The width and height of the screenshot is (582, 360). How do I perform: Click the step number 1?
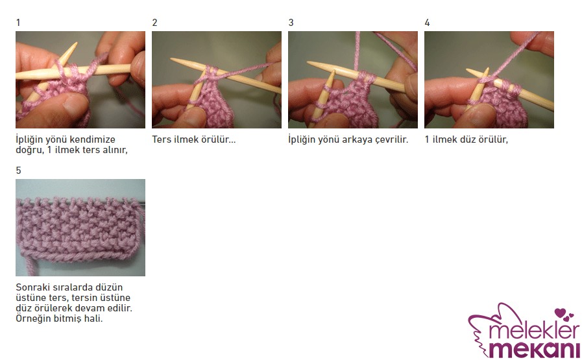(x=18, y=23)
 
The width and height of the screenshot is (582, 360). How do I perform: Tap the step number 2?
(x=155, y=23)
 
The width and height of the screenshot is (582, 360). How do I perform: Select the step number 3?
(x=291, y=23)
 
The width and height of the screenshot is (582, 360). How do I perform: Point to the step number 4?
(x=427, y=23)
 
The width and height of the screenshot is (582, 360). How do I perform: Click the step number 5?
(x=19, y=171)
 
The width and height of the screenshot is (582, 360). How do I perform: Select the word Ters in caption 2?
(x=162, y=139)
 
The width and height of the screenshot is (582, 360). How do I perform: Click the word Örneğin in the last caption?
(x=32, y=318)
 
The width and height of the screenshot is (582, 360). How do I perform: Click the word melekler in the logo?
(x=534, y=331)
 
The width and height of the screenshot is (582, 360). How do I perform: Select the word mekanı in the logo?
(x=534, y=349)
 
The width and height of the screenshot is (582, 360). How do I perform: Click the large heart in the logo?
(x=560, y=313)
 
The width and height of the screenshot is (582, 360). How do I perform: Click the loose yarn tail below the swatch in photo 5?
(x=30, y=266)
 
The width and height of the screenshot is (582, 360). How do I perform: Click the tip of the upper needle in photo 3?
(x=308, y=62)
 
